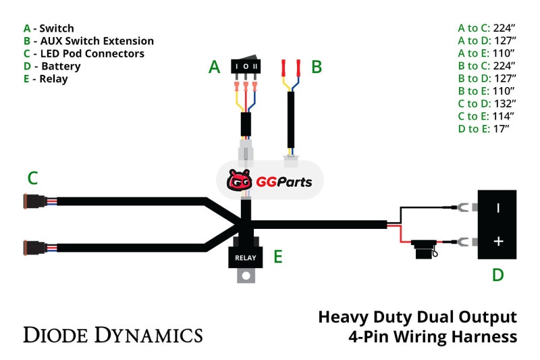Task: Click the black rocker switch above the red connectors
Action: click(246, 67)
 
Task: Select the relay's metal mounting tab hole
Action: click(246, 275)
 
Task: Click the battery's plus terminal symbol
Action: click(498, 241)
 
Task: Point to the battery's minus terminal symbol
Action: click(498, 208)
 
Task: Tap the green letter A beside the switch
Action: click(214, 67)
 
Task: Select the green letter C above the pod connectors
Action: click(32, 178)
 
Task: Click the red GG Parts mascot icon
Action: click(240, 181)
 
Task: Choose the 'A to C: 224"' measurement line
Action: click(486, 28)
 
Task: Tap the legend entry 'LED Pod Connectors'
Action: click(88, 53)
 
